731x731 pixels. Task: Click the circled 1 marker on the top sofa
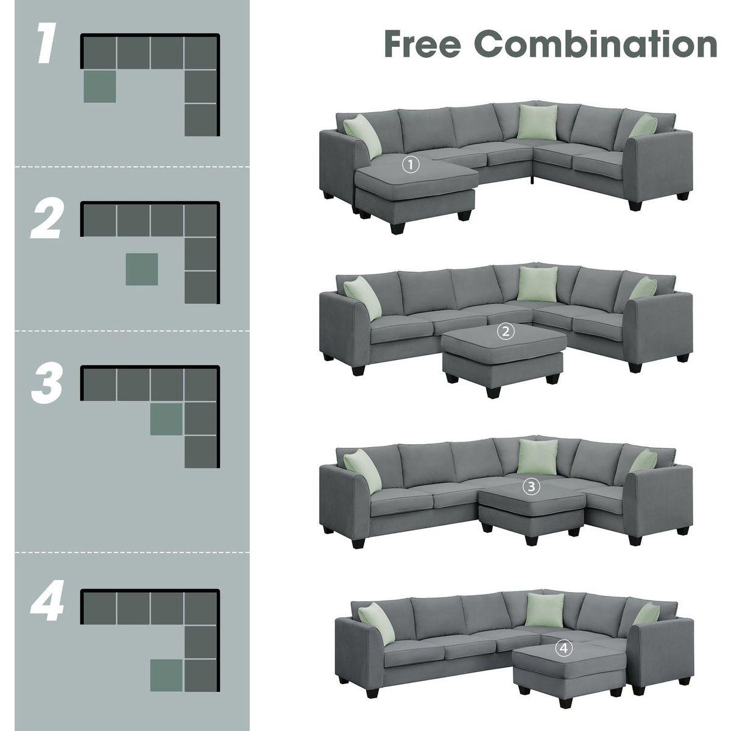click(412, 164)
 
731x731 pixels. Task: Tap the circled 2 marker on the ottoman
click(506, 332)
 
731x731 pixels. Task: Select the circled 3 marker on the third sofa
click(531, 486)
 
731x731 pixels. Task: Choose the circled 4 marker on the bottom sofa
click(564, 649)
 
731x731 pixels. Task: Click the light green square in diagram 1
click(99, 87)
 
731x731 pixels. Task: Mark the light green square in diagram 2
click(142, 269)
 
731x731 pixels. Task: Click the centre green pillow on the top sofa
click(538, 122)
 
